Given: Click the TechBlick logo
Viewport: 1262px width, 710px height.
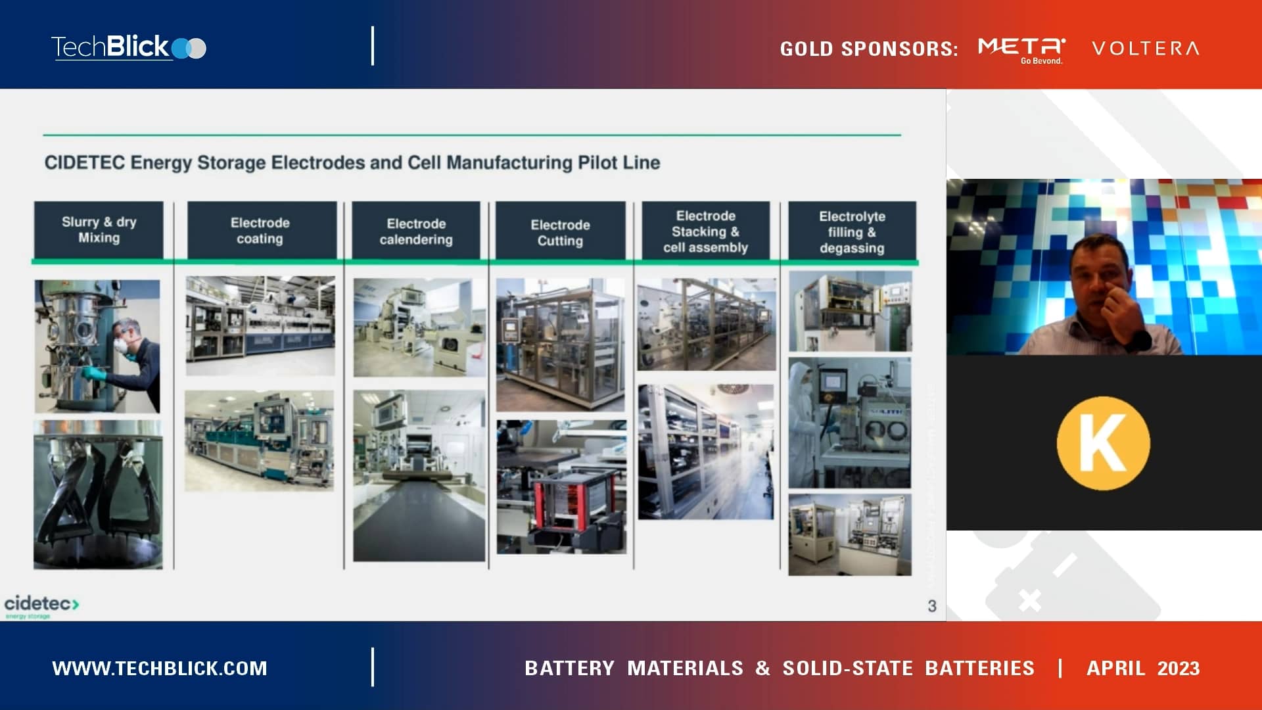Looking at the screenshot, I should coord(129,47).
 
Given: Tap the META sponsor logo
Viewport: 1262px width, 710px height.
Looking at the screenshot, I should coord(1021,49).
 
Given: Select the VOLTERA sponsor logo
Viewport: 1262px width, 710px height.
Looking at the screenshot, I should coord(1146,48).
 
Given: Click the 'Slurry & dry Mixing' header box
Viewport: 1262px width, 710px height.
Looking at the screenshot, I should coord(99,230).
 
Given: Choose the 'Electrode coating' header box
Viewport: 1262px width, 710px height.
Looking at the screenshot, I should coord(260,231).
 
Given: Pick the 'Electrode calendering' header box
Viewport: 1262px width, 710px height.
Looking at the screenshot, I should coord(416,231).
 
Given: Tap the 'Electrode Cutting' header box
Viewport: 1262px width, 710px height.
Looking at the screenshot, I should coord(560,232).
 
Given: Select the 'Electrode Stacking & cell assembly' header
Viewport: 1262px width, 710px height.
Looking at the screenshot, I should coord(705,231).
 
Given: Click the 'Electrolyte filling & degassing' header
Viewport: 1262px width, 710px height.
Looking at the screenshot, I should coord(852,231).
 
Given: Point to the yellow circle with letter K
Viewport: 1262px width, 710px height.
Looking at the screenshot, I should coord(1103,443).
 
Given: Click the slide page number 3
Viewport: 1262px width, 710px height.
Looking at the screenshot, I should coord(931,605).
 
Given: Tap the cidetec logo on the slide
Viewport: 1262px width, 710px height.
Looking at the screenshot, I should coord(41,605).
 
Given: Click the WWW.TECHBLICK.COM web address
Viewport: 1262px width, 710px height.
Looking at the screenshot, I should coord(160,668).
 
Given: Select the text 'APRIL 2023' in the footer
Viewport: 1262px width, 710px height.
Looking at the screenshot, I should coord(1142,668).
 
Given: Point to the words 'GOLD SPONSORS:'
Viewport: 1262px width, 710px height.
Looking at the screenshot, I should coord(868,49).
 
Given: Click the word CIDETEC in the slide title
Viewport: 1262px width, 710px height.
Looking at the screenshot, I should coord(84,162).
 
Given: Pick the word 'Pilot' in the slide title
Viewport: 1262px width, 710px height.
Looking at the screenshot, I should coord(597,162).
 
